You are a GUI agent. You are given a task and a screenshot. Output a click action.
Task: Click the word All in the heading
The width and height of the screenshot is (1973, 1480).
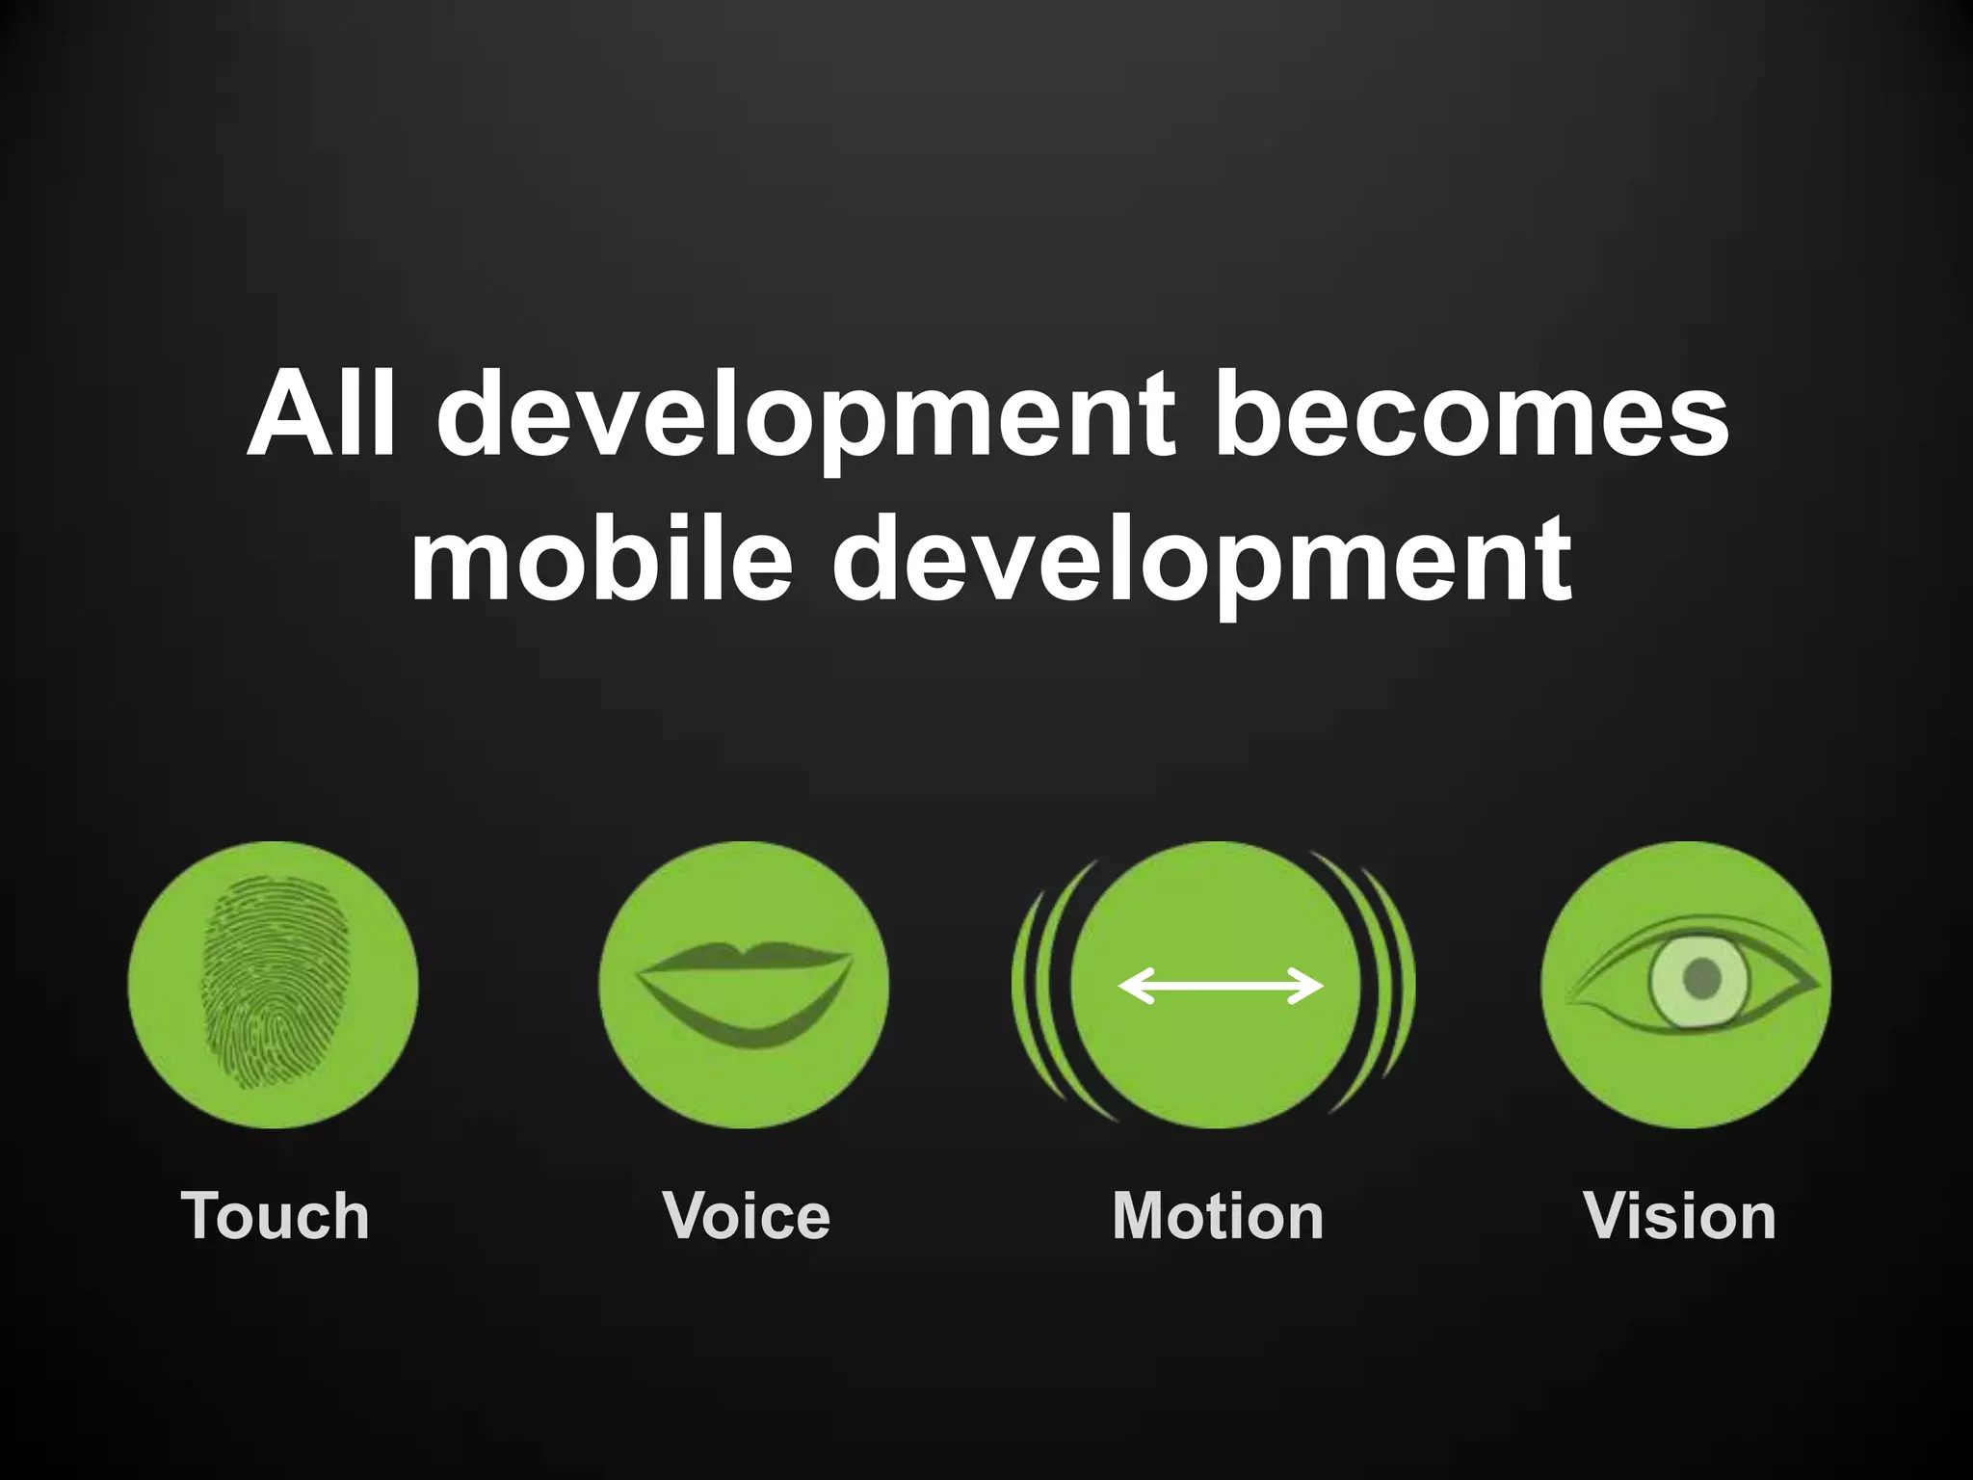coord(321,414)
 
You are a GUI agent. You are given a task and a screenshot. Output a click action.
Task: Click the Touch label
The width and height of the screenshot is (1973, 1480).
coord(275,1216)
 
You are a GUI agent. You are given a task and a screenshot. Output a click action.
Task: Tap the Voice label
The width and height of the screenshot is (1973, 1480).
coord(747,1216)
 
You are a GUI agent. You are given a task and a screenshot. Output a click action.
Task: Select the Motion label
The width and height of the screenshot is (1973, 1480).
coord(1218,1216)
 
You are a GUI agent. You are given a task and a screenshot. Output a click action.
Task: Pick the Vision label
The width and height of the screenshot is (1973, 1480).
coord(1679,1216)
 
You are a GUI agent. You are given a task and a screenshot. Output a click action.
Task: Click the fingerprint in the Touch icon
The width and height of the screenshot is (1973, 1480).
coord(274,983)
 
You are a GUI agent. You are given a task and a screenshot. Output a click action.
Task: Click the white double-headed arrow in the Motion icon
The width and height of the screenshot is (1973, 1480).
coord(1220,986)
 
